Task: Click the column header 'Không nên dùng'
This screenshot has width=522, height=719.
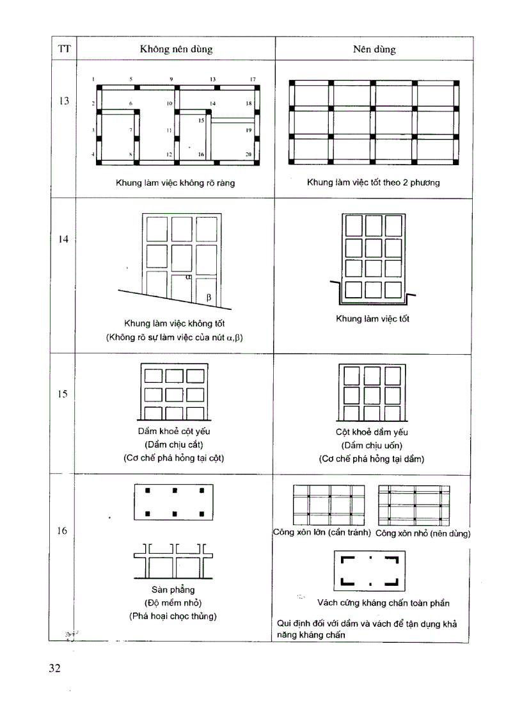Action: [176, 49]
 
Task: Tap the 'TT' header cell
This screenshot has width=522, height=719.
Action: [63, 48]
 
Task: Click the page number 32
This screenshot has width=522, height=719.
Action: [55, 669]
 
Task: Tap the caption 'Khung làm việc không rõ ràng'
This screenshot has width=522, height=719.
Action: [175, 183]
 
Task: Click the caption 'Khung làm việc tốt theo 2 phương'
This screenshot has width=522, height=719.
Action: [373, 183]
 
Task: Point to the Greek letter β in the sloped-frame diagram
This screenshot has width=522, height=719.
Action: [208, 297]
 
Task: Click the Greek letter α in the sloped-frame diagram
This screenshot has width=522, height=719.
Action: [189, 278]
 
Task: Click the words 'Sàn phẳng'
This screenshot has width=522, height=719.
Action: [173, 589]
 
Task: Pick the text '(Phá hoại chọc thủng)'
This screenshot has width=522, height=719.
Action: [173, 616]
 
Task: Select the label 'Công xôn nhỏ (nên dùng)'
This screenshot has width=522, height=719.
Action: [423, 533]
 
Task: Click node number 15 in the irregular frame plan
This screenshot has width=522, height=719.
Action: [201, 120]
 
